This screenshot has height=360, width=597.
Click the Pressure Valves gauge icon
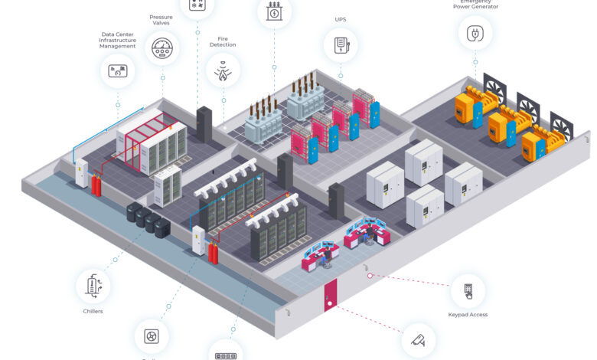[161, 48]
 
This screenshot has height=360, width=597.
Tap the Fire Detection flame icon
[223, 71]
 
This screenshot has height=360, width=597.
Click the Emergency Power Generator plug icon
[475, 33]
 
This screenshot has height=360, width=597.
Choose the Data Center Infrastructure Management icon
[118, 72]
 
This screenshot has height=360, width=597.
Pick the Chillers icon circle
[93, 286]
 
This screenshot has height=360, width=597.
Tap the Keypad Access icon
[468, 290]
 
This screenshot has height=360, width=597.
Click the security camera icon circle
[418, 340]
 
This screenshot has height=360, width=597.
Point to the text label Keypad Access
[468, 314]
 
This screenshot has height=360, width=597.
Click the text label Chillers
[93, 311]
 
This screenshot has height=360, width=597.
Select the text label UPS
[341, 19]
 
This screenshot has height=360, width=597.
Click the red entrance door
[330, 295]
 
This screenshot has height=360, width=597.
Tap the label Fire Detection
[223, 41]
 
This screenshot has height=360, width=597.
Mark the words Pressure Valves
[161, 19]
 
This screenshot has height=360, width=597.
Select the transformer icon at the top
[274, 11]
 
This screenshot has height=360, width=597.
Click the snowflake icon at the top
[197, 5]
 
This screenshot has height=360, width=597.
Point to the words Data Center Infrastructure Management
[118, 40]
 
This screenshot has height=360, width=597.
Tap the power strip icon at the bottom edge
[225, 354]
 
